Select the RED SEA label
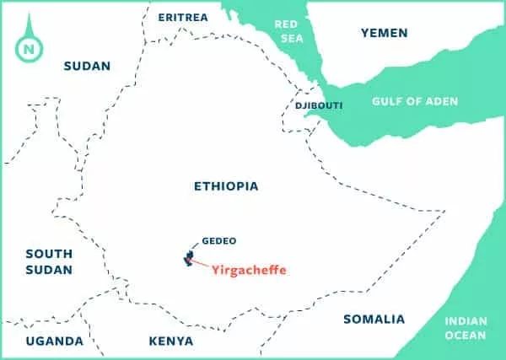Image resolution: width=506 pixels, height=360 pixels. (x=287, y=31)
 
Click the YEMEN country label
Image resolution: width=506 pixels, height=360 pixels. (x=384, y=33)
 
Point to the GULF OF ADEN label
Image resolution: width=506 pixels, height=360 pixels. (x=415, y=101)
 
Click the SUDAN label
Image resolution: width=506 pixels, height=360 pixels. (x=87, y=66)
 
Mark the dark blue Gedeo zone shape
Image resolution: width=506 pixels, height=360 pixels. (x=189, y=257)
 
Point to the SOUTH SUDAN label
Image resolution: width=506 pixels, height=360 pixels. (x=49, y=261)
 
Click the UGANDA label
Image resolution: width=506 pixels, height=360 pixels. (x=54, y=341)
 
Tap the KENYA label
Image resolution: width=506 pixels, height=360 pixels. (x=170, y=341)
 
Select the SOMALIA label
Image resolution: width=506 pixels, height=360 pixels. (x=374, y=319)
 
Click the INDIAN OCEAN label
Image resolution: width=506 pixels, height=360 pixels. (x=464, y=327)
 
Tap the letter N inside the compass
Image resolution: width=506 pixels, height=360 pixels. (x=30, y=47)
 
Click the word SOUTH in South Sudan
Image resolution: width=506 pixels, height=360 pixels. (x=49, y=253)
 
